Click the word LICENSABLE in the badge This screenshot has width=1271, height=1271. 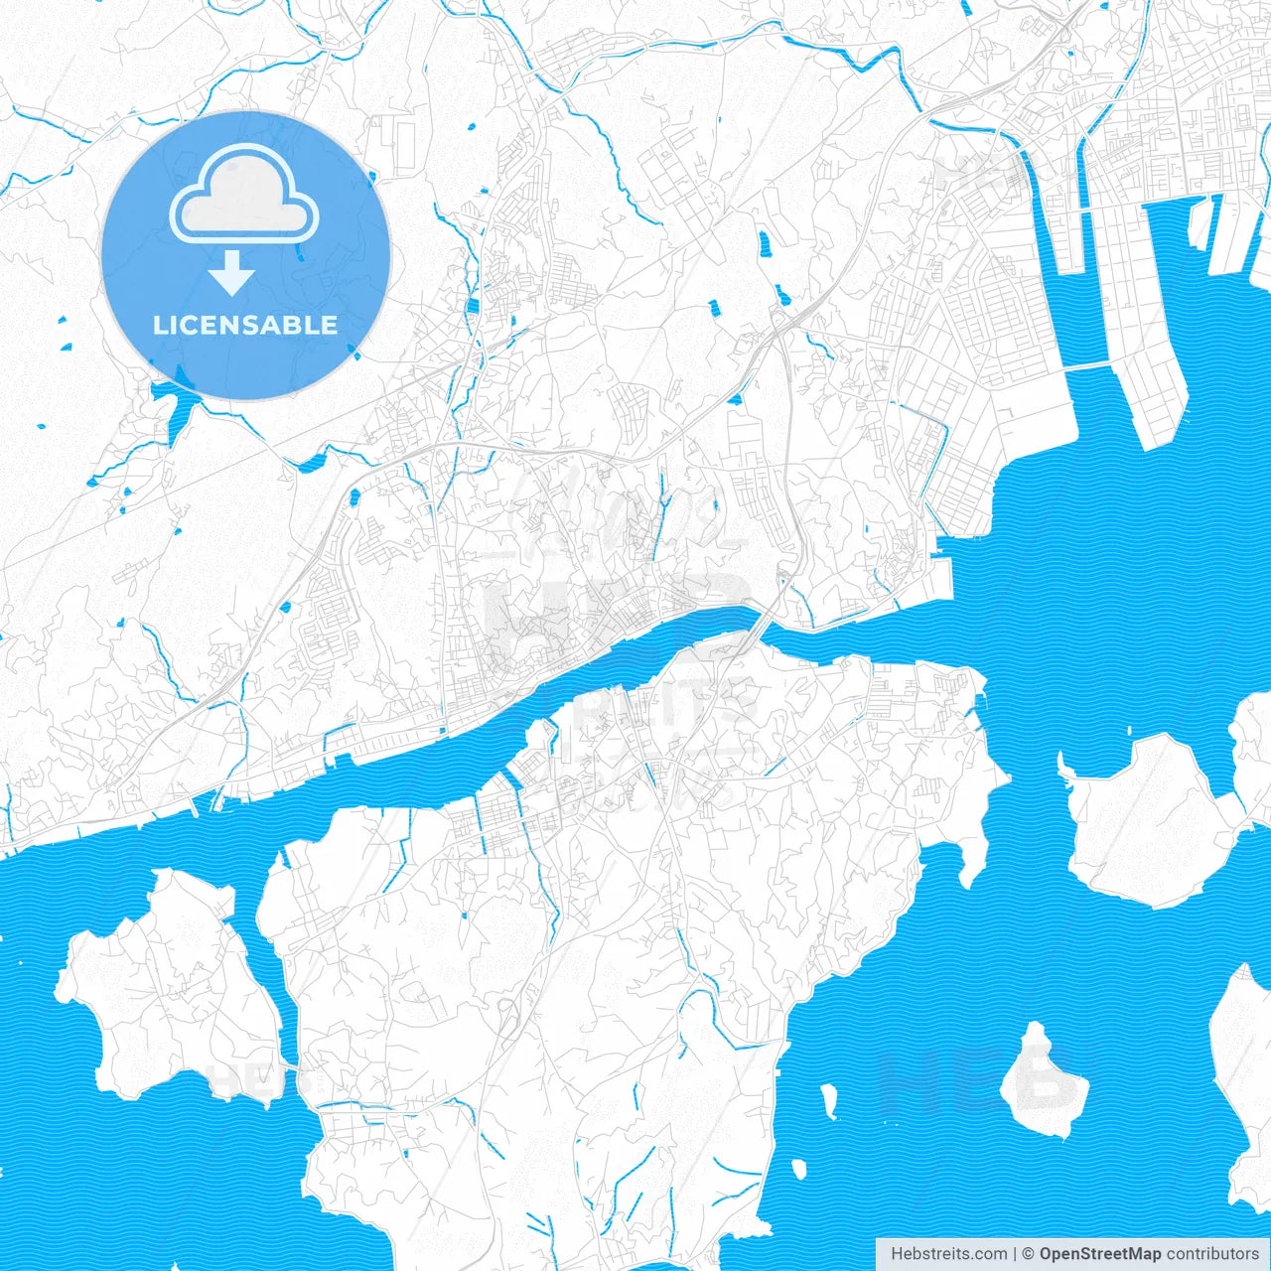(x=245, y=325)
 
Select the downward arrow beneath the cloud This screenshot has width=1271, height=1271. (x=232, y=274)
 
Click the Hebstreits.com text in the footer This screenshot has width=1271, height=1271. (x=948, y=1254)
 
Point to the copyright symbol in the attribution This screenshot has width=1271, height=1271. (x=1029, y=1254)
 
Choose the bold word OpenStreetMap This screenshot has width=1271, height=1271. (x=1100, y=1254)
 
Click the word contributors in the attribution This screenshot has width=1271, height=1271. (x=1212, y=1254)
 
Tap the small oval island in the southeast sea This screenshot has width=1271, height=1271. (x=1043, y=1082)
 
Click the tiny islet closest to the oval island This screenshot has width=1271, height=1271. (x=828, y=1097)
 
